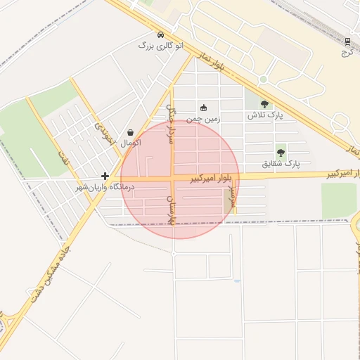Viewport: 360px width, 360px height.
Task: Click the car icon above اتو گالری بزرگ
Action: coord(161,34)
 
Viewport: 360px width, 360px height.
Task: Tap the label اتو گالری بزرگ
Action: coord(161,46)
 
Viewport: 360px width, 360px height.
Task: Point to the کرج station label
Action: coord(347,52)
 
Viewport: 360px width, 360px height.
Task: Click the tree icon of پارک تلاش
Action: coord(264,104)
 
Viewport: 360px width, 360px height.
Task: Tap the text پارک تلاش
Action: coord(264,115)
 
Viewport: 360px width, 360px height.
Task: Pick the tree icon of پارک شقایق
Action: coord(281,152)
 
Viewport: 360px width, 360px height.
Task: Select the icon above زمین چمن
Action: coord(204,108)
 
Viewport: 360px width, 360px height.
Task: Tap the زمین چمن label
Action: coord(203,119)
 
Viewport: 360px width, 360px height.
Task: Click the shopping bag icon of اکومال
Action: coord(131,132)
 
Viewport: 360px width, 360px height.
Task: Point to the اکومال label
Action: coord(131,143)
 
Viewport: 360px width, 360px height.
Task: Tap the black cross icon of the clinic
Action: coord(105,176)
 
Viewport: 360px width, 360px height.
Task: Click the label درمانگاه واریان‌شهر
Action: coord(105,188)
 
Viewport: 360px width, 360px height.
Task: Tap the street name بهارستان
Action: coord(169,211)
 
